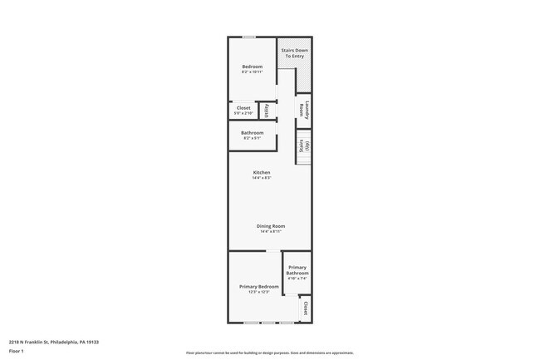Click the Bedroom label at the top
pos(252,67)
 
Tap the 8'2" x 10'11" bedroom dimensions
pos(252,72)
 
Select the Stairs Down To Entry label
pos(295,52)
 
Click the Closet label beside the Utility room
pos(243,108)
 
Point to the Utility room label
pos(266,111)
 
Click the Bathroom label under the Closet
pos(252,133)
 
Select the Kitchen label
pos(262,173)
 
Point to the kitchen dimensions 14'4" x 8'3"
pos(262,178)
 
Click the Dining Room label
pos(271,226)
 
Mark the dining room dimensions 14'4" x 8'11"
pos(271,231)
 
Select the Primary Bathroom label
pos(297,270)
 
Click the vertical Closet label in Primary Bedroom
pos(305,308)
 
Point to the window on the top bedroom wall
pos(248,37)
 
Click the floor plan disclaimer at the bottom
pos(269,353)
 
